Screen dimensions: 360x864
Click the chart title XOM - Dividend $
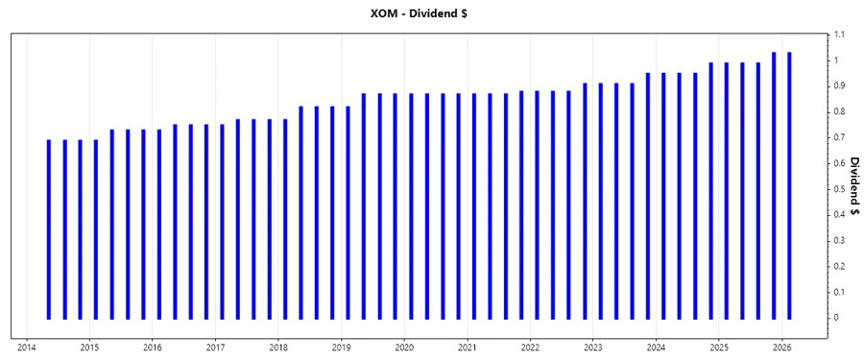[431, 13]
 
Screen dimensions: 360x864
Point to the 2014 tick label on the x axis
[27, 348]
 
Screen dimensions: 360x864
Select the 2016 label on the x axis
[153, 348]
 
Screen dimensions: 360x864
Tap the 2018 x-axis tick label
[278, 348]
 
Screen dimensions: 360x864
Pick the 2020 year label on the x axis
[404, 348]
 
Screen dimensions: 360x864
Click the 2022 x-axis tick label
[531, 348]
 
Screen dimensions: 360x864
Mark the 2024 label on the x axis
[657, 348]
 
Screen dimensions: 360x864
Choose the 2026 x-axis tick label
[782, 348]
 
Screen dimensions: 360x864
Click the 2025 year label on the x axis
[720, 348]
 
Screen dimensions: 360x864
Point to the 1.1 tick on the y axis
[839, 35]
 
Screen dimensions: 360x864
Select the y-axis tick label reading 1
[836, 60]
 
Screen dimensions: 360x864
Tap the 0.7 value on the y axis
[839, 137]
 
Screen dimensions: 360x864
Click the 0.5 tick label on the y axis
[839, 189]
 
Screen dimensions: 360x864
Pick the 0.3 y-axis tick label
[839, 240]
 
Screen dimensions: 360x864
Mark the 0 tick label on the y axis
[836, 318]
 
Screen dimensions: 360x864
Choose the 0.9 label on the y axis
[839, 86]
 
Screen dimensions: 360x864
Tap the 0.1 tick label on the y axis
[839, 292]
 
